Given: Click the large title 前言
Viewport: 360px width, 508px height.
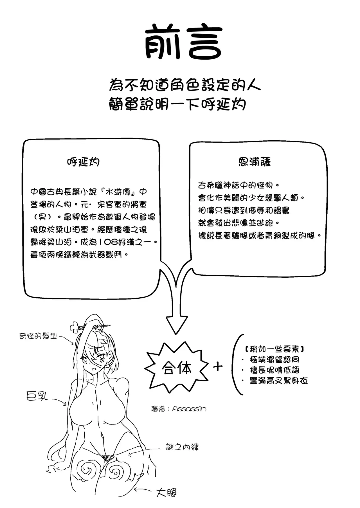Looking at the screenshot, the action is click(x=184, y=42).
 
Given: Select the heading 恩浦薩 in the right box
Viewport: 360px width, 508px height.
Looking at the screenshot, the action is click(x=255, y=162).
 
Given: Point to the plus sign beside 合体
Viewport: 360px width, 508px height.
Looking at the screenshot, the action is click(x=218, y=367).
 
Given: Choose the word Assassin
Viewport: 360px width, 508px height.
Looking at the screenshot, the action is click(x=189, y=409).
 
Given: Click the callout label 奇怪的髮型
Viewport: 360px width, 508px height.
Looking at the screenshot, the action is click(x=38, y=336).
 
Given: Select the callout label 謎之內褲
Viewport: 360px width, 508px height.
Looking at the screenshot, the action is click(x=182, y=447).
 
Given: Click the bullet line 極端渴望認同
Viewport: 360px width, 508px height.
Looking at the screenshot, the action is click(x=274, y=359).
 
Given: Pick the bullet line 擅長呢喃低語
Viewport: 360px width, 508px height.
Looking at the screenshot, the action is click(x=274, y=370).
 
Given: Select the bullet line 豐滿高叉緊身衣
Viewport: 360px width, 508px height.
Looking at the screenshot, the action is click(x=278, y=381).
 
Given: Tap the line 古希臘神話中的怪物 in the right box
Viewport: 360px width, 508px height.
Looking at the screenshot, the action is click(x=235, y=185).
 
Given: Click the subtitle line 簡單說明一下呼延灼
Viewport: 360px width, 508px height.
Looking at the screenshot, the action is click(x=177, y=104).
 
